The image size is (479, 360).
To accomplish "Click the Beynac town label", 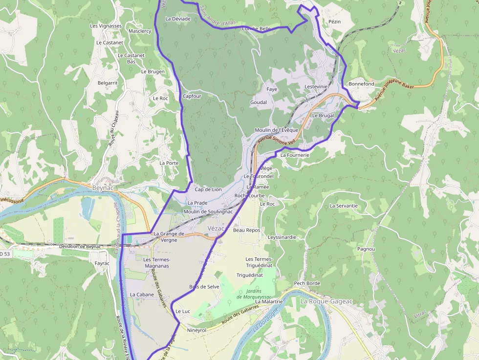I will tap(103, 187).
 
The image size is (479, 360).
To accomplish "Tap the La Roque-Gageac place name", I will tap(326, 301).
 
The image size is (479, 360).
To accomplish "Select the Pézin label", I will tap(335, 22).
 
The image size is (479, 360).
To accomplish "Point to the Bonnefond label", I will tap(362, 84).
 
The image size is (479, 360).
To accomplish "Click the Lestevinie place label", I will tap(316, 86).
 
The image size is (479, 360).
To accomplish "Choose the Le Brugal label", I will tap(323, 116).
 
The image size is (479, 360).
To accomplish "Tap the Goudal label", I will tap(259, 103).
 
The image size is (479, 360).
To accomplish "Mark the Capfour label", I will tap(192, 96).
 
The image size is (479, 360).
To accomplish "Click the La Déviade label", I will tap(178, 19).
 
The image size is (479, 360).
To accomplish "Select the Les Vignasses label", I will tap(106, 26).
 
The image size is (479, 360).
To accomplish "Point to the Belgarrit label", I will tap(108, 83).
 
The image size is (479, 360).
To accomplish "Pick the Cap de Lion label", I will tap(208, 190).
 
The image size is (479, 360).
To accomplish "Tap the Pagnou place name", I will tap(366, 249).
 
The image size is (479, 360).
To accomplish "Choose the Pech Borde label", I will tap(307, 283).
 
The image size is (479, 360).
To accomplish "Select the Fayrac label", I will tap(102, 263).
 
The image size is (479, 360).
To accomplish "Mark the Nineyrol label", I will tap(197, 330).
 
